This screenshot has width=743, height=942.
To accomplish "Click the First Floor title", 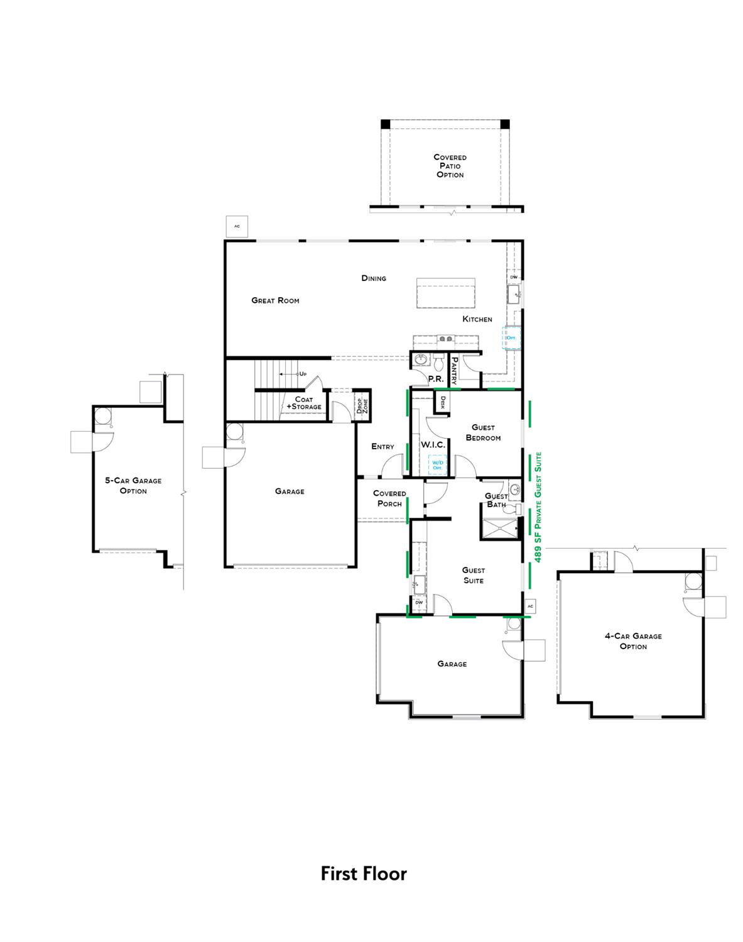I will click(x=364, y=874).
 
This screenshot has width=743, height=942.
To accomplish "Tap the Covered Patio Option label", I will click(x=450, y=166).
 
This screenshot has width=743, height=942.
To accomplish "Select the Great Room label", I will click(x=275, y=300).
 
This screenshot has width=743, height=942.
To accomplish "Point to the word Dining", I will click(x=374, y=278).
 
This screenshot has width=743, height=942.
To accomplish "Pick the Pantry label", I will click(x=455, y=371).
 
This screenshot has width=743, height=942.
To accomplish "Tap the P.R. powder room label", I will click(x=436, y=379).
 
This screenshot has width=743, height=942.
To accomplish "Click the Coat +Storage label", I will click(x=304, y=403).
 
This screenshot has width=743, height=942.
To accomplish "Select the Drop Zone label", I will click(x=362, y=405).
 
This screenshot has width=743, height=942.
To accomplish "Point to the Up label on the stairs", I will click(x=303, y=374).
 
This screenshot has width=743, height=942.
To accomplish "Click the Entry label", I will click(x=382, y=447).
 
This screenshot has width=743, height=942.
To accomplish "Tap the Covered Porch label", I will click(x=389, y=498).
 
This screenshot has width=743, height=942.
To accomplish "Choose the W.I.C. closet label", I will click(x=433, y=445).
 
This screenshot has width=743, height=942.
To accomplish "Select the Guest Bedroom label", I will click(x=483, y=432).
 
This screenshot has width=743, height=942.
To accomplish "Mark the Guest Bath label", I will click(x=496, y=500).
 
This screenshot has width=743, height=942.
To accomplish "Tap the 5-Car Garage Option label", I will click(x=133, y=486).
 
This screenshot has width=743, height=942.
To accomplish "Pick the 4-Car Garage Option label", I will click(x=633, y=641).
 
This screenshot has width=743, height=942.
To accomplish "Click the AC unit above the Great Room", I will click(x=237, y=226).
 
